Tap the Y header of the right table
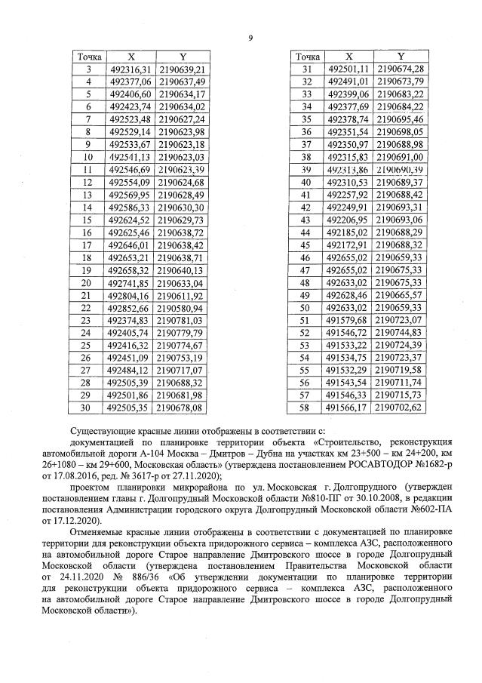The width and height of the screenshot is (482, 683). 401,57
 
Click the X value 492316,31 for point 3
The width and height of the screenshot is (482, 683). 130,69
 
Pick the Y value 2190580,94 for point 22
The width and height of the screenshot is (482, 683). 182,309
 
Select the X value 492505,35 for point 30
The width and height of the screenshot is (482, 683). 130,408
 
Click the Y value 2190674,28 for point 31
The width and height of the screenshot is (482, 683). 401,69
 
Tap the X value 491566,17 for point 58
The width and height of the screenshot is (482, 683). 349,408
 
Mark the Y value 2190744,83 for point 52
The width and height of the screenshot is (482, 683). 401,333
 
